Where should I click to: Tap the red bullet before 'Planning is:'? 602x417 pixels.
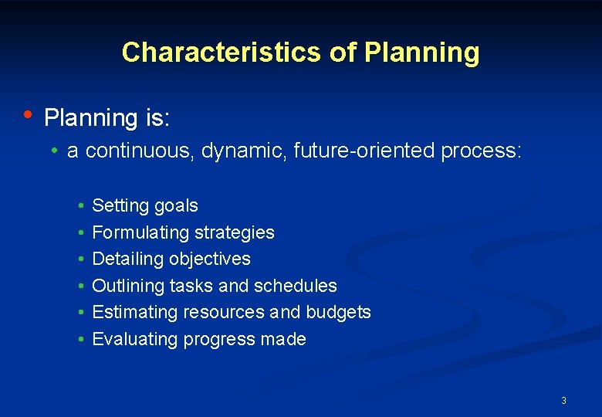tap(27, 115)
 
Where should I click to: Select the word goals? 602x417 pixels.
tap(176, 206)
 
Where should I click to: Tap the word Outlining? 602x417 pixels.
tap(127, 286)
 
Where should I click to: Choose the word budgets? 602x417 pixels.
tap(338, 312)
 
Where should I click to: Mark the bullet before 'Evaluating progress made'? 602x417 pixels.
tap(81, 339)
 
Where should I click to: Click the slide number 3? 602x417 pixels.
tap(563, 400)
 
